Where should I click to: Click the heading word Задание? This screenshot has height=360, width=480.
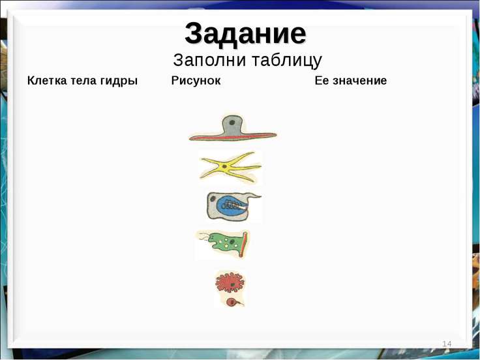(245, 34)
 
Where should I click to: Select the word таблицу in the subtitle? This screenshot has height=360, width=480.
(287, 60)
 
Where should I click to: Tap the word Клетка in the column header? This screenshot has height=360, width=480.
(47, 80)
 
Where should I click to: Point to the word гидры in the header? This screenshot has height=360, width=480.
(119, 82)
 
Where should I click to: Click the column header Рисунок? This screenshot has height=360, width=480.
(196, 81)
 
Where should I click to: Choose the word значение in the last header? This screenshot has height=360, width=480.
(360, 80)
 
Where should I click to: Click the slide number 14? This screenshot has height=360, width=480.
(447, 344)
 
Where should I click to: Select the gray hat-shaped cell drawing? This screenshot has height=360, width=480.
(233, 128)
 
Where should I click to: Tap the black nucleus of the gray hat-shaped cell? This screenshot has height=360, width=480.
(232, 123)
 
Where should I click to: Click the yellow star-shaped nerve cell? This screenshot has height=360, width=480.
(230, 167)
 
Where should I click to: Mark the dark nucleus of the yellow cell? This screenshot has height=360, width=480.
(225, 166)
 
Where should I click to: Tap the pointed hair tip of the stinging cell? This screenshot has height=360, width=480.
(260, 196)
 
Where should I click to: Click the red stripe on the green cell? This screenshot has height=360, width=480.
(243, 245)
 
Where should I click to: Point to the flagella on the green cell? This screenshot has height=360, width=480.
(204, 236)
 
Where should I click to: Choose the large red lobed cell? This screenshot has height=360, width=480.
(230, 282)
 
